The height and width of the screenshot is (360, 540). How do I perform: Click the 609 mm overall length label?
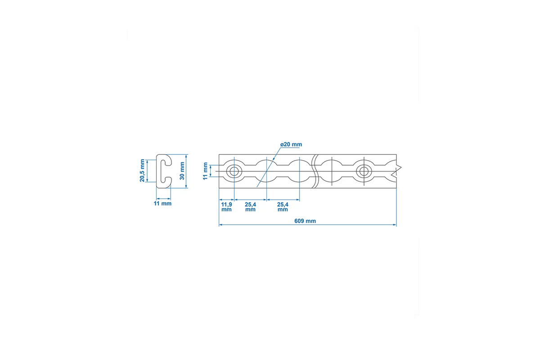click(x=305, y=221)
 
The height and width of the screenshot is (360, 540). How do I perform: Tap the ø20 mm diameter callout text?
click(x=291, y=144)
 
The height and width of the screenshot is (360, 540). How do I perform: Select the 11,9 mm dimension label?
click(x=227, y=207)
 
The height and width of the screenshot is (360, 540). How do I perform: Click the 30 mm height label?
click(x=182, y=171)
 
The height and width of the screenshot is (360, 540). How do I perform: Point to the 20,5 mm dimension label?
click(x=142, y=170)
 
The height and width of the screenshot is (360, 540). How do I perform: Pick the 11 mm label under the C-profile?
click(x=162, y=203)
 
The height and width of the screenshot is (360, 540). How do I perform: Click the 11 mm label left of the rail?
click(x=205, y=171)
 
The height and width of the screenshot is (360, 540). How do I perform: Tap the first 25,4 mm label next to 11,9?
click(x=251, y=207)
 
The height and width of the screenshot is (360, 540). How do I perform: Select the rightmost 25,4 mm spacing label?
click(x=283, y=207)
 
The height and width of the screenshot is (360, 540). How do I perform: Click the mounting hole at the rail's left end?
click(x=234, y=171)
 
